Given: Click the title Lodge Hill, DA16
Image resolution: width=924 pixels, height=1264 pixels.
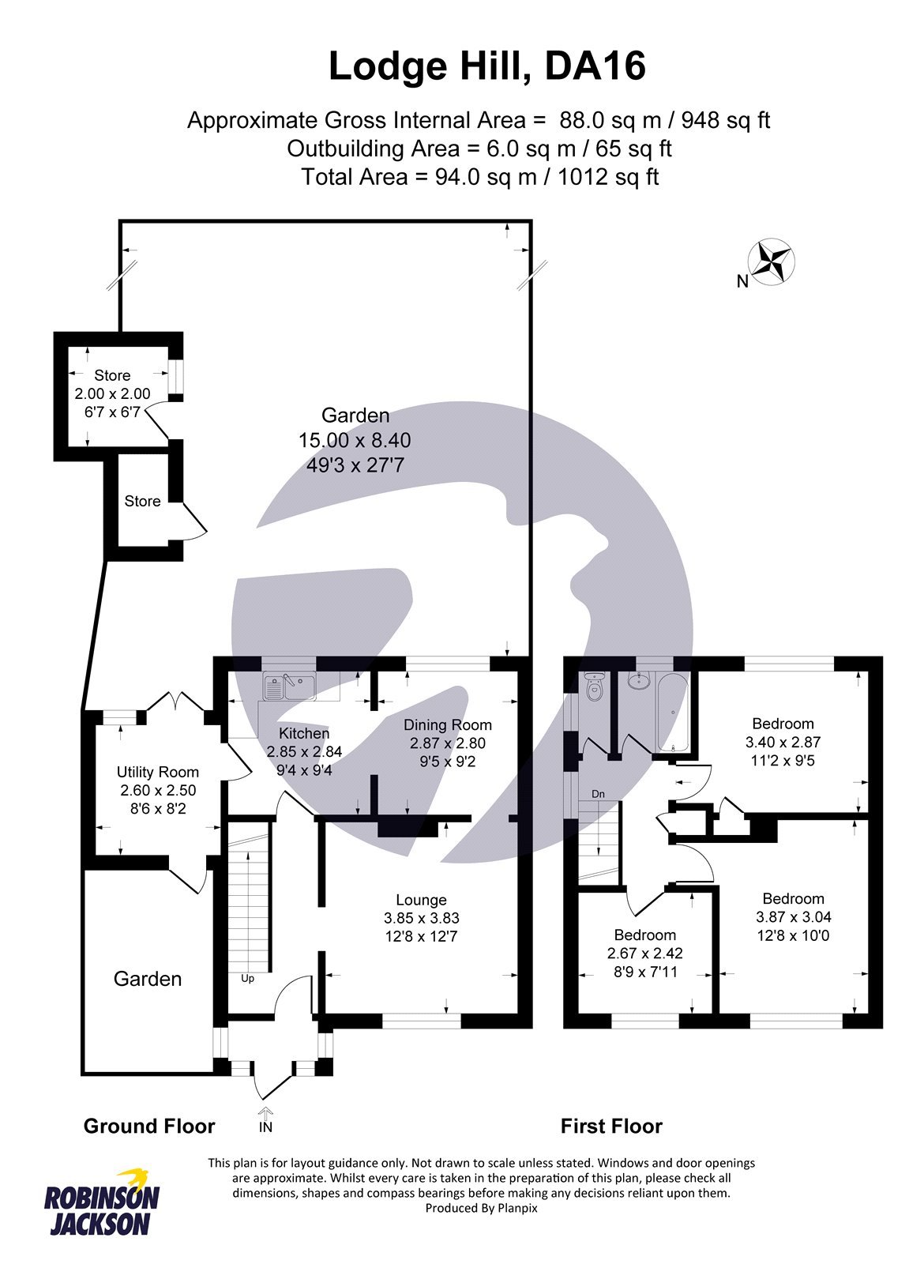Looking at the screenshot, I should pyautogui.click(x=486, y=66).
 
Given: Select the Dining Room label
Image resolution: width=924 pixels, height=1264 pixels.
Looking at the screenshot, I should pyautogui.click(x=447, y=725).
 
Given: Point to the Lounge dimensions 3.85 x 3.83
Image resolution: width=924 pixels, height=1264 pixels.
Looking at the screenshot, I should pyautogui.click(x=421, y=918).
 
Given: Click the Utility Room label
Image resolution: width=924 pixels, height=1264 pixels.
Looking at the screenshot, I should pyautogui.click(x=157, y=772).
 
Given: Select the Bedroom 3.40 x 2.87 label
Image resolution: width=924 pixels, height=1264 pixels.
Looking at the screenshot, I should pyautogui.click(x=783, y=724).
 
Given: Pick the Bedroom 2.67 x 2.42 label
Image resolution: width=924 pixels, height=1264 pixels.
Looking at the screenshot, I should pyautogui.click(x=645, y=935).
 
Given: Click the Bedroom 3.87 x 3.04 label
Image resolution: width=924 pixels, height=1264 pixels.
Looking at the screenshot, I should pyautogui.click(x=793, y=899).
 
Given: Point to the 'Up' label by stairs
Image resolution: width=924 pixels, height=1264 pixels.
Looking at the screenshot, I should pyautogui.click(x=247, y=978).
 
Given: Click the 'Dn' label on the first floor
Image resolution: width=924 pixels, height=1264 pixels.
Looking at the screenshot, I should pyautogui.click(x=598, y=793).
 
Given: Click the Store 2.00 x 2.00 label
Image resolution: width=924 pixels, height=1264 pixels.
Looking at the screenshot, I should pyautogui.click(x=112, y=375).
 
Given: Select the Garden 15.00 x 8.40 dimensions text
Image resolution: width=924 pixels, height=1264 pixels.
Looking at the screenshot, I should pyautogui.click(x=355, y=441).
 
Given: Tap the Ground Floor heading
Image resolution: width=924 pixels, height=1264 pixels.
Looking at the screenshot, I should pyautogui.click(x=149, y=1126).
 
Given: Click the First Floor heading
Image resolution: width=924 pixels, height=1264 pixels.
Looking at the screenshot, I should pyautogui.click(x=611, y=1126).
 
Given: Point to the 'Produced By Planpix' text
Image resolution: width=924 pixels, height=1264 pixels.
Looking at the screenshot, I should pyautogui.click(x=481, y=1208).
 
